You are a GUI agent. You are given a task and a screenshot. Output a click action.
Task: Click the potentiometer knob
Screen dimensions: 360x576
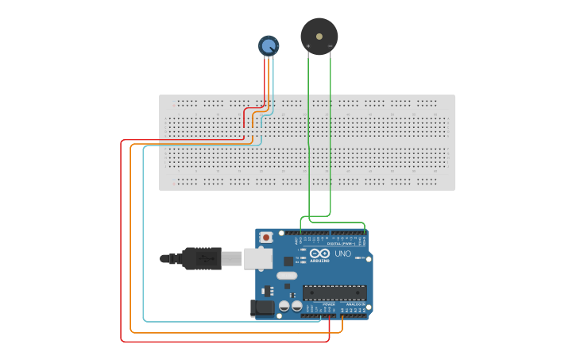click(269, 45)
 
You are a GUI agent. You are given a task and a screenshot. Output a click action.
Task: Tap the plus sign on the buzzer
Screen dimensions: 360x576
click(308, 47)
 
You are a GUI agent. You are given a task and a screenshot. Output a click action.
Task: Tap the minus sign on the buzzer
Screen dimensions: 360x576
click(331, 47)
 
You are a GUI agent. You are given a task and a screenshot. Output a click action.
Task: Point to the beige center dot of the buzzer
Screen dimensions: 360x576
click(319, 36)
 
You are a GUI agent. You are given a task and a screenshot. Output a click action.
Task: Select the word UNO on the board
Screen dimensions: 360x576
click(342, 254)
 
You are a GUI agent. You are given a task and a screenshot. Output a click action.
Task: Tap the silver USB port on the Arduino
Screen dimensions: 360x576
click(257, 257)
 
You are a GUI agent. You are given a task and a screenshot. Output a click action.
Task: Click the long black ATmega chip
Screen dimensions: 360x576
click(334, 292)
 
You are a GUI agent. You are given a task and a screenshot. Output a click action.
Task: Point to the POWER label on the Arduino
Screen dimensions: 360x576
click(328, 304)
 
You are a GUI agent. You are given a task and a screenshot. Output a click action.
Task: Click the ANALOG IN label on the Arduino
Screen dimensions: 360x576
click(355, 304)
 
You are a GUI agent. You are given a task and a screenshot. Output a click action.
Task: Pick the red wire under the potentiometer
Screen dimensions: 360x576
click(265, 79)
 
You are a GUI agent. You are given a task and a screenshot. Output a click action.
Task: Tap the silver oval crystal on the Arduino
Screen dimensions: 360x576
click(287, 277)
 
